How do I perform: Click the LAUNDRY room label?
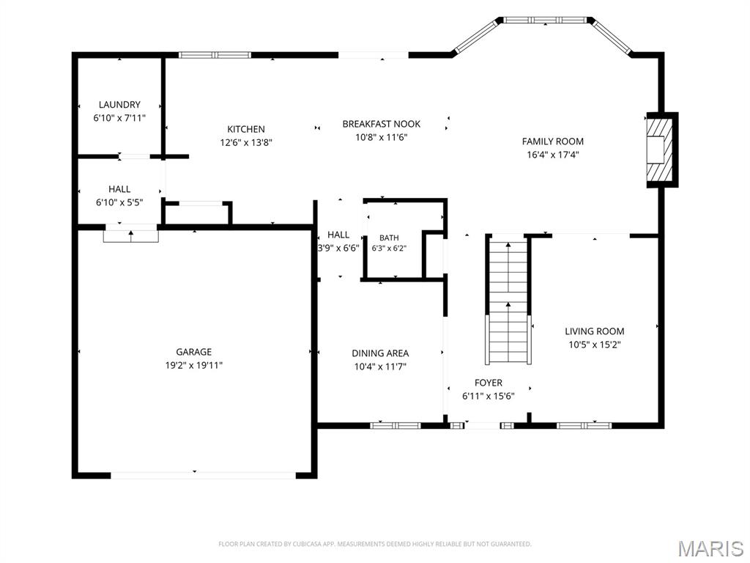[119, 104]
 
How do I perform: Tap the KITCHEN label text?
[246, 129]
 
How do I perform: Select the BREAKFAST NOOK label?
[381, 124]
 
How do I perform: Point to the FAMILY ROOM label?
[552, 141]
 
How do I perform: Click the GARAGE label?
[193, 352]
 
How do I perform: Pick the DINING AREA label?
[380, 353]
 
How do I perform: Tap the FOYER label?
[489, 383]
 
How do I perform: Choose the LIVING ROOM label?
[595, 331]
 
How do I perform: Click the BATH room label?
[389, 238]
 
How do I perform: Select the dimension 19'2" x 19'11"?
[193, 366]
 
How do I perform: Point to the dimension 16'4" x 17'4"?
[552, 155]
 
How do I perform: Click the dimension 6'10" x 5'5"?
[119, 202]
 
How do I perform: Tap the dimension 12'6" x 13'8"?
[246, 143]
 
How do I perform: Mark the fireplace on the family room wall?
[662, 150]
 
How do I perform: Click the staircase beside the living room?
[508, 301]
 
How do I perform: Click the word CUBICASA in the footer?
[309, 544]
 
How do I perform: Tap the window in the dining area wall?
[396, 425]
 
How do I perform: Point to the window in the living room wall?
[584, 425]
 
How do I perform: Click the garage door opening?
[204, 475]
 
